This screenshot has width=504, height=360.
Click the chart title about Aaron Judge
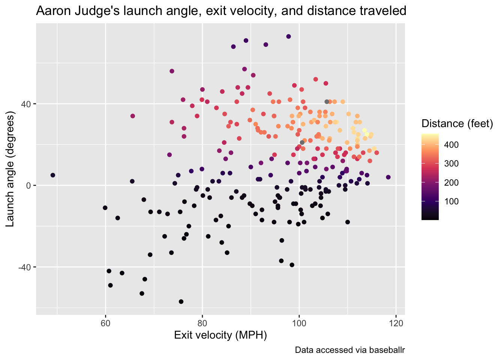click(221, 11)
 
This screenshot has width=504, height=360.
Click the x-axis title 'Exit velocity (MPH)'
click(220, 335)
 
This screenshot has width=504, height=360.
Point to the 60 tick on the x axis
click(105, 323)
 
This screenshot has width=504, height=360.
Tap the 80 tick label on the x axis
click(202, 323)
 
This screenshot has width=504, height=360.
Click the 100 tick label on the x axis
click(299, 323)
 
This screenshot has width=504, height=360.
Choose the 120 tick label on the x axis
click(396, 323)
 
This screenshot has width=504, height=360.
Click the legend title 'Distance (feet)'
click(457, 123)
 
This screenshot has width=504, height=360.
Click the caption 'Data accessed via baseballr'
click(350, 350)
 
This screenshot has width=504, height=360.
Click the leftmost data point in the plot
click(53, 175)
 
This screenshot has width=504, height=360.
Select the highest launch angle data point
click(288, 36)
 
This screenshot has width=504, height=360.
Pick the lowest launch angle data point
click(181, 301)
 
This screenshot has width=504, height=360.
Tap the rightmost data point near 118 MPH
click(388, 177)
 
